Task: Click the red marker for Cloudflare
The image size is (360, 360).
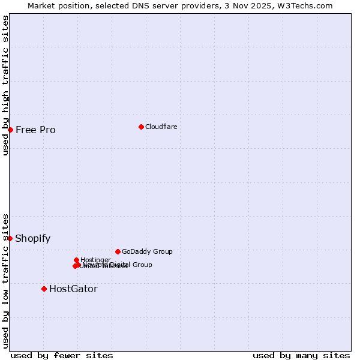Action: coord(141,127)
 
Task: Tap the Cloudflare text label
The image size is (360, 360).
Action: coord(161,127)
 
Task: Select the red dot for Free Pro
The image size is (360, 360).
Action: coord(10,130)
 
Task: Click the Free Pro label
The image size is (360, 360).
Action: coord(35,130)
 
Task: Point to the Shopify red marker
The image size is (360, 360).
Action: coord(10,238)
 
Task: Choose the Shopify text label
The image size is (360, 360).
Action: coord(33,238)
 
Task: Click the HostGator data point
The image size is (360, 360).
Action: coord(44,289)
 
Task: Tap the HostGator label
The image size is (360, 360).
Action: coord(73,289)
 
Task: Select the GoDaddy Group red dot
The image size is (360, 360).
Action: coord(118,251)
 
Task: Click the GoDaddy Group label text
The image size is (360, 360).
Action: coord(147,251)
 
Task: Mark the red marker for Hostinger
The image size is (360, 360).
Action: coord(76,260)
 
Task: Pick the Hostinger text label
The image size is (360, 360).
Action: coord(96,260)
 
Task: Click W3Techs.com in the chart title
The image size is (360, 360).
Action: coord(307,5)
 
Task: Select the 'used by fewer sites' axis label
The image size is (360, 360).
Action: coord(62,355)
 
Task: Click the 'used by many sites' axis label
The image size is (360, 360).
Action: coord(301,355)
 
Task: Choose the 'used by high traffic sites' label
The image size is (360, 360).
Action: coord(5,85)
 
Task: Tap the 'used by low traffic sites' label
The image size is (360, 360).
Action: coord(5,280)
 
